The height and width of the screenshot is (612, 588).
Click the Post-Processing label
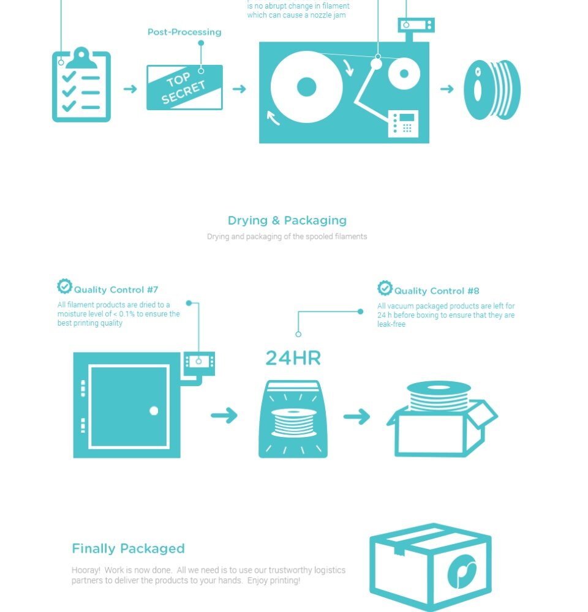pos(184,32)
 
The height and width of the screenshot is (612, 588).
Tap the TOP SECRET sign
pos(184,88)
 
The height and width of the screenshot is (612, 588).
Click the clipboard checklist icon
pos(81,84)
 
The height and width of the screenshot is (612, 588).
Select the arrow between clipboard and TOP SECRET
pos(130,89)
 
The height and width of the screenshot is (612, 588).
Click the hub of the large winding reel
pos(307,87)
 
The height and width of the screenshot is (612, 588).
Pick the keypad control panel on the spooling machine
pos(403,124)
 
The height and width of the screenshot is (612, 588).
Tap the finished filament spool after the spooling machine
pos(492,90)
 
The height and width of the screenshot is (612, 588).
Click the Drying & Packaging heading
pos(287,220)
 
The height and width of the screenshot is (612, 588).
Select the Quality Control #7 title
pos(116,289)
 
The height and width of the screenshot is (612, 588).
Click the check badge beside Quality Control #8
pos(385,288)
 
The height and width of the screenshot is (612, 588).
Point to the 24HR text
pos(293,358)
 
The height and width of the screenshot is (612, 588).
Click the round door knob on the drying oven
pos(154,411)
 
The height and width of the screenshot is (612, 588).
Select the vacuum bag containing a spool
pos(293,419)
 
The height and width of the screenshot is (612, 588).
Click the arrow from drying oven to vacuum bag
pos(224,416)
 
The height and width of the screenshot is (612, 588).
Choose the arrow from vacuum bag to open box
pos(356,416)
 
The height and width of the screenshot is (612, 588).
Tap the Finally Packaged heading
pos(128,548)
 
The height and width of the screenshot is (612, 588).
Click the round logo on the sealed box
pos(462,571)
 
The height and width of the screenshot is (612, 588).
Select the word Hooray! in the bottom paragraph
pos(86,570)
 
